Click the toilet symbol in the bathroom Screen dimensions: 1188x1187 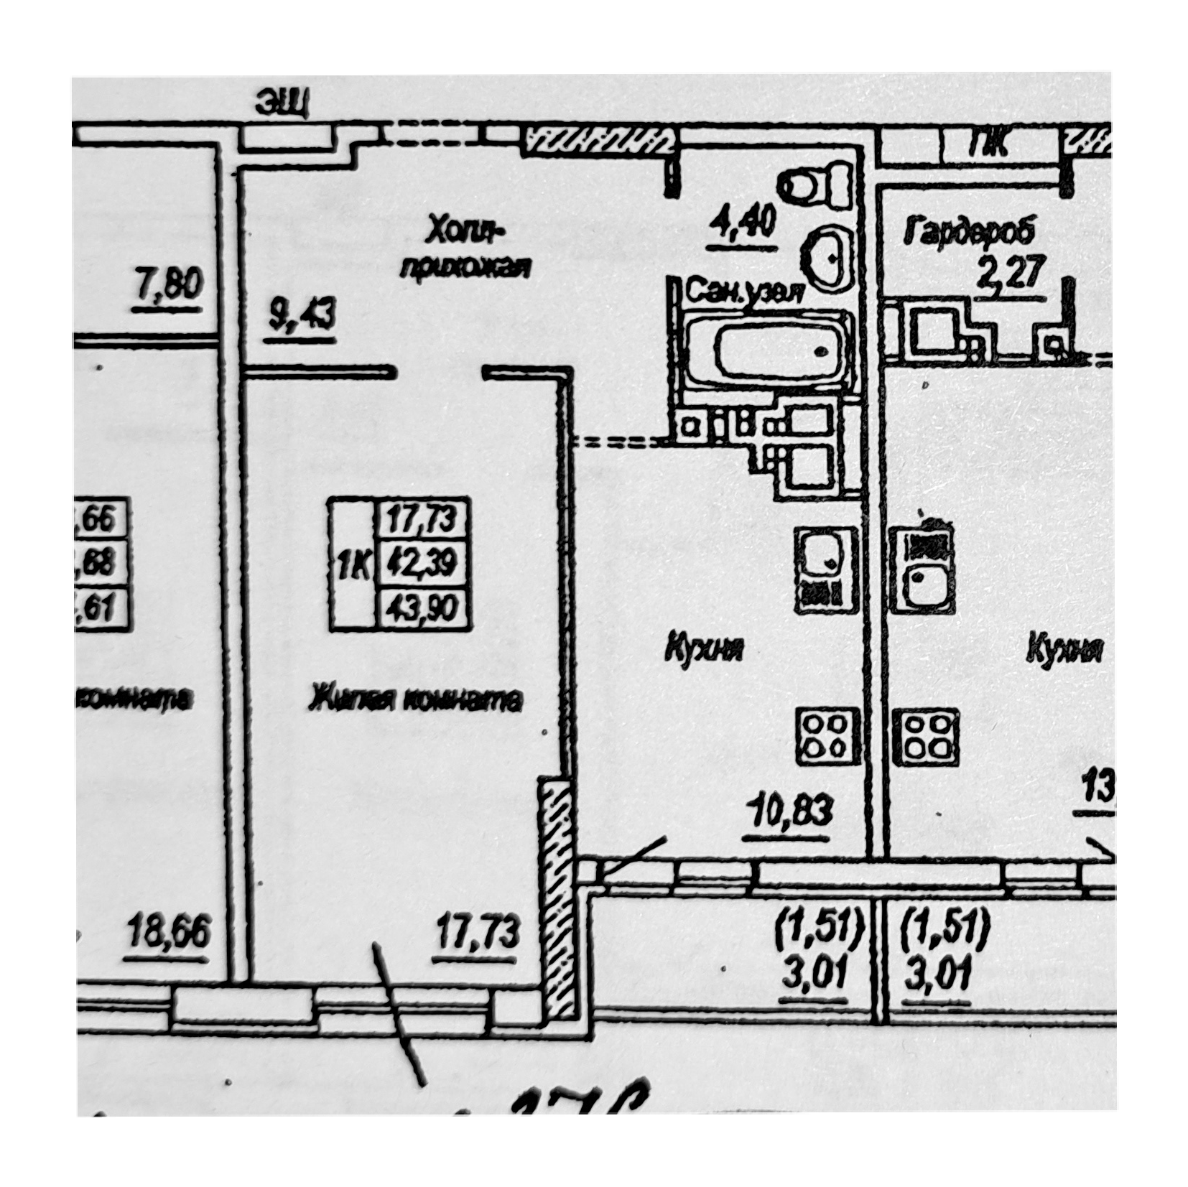tap(817, 187)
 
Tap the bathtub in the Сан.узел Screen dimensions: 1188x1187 tap(769, 352)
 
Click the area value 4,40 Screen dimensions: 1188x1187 tap(743, 223)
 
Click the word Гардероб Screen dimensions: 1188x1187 tap(970, 233)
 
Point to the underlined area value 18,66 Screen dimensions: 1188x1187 tap(170, 934)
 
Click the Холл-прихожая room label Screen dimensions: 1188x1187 tap(465, 249)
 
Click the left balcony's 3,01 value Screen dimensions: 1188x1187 tap(812, 976)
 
